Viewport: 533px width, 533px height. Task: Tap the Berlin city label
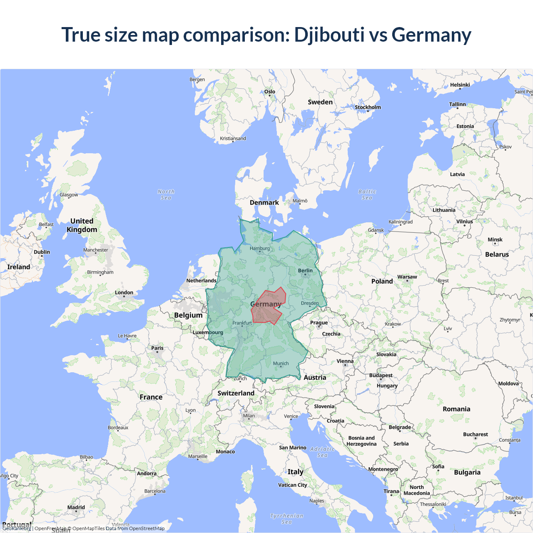pyautogui.click(x=305, y=271)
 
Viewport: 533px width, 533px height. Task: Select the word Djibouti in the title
pyautogui.click(x=329, y=35)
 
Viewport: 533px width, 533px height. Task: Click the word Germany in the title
pyautogui.click(x=431, y=35)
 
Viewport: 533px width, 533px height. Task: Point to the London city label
pyautogui.click(x=124, y=293)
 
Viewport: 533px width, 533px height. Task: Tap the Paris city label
pyautogui.click(x=157, y=348)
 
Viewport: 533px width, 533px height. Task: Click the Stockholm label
pyautogui.click(x=368, y=107)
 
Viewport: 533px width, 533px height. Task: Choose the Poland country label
pyautogui.click(x=382, y=281)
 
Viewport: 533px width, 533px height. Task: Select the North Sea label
pyautogui.click(x=166, y=194)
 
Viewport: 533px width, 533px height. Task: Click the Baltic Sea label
pyautogui.click(x=367, y=194)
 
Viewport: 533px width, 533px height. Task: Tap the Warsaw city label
pyautogui.click(x=407, y=277)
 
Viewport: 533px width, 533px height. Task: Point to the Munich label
pyautogui.click(x=281, y=364)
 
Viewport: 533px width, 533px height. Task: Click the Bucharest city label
pyautogui.click(x=475, y=434)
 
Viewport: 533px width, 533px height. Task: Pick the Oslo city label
pyautogui.click(x=270, y=92)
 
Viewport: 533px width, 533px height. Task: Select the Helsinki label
pyautogui.click(x=460, y=85)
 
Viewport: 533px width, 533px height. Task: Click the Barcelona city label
pyautogui.click(x=155, y=491)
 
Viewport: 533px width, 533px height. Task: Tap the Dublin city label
pyautogui.click(x=42, y=252)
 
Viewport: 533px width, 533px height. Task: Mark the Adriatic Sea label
pyautogui.click(x=322, y=452)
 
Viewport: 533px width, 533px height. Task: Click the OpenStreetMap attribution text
pyautogui.click(x=147, y=528)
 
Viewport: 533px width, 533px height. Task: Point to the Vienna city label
pyautogui.click(x=345, y=361)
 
